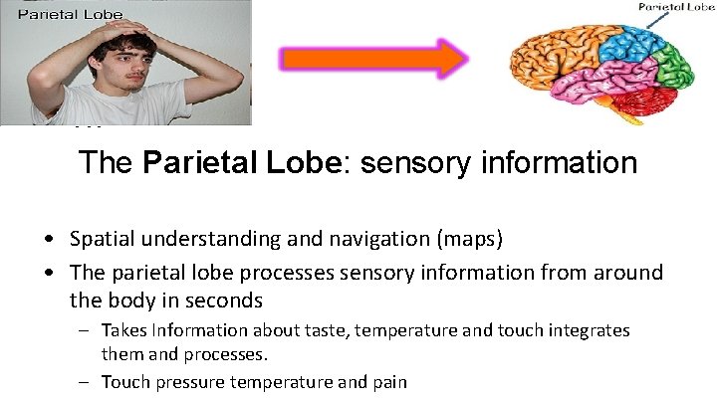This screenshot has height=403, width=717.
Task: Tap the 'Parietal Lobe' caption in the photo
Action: coord(70,14)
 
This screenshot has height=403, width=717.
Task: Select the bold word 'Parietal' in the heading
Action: coord(192,162)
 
